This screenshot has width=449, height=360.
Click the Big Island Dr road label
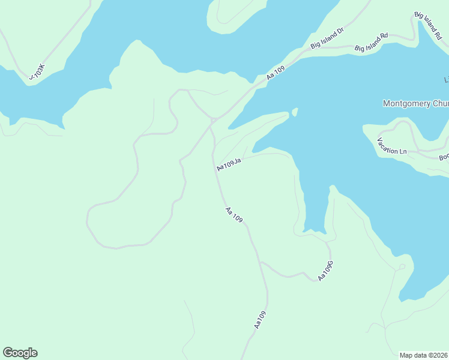click(x=327, y=38)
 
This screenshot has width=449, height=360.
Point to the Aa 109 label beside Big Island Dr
click(x=276, y=73)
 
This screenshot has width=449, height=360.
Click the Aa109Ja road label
click(x=229, y=164)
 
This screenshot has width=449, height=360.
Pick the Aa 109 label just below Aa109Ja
click(x=234, y=215)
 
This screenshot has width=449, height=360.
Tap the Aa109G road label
click(x=325, y=271)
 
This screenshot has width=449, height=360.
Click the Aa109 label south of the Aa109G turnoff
click(x=259, y=319)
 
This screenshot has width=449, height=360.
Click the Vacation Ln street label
click(x=392, y=146)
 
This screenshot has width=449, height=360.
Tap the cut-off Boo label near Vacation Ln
click(x=444, y=157)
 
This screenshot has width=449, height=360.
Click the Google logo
click(x=20, y=353)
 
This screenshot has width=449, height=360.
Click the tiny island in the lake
click(x=295, y=112)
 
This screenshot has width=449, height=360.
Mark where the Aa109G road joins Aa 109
click(x=260, y=262)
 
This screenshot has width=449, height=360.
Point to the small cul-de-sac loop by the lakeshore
click(x=402, y=266)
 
